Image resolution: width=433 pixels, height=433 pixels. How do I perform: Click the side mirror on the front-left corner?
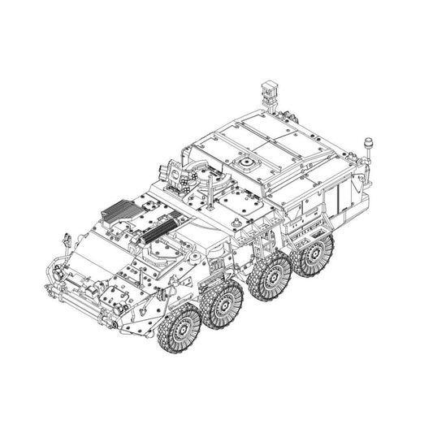pyautogui.click(x=62, y=240)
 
